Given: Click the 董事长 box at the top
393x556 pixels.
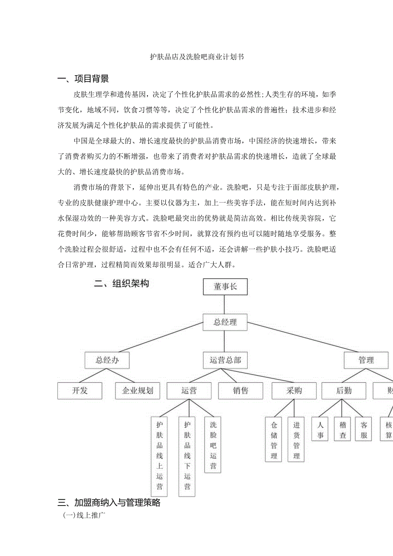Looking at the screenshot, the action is click(x=225, y=287).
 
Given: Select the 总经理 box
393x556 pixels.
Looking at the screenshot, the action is click(x=225, y=322).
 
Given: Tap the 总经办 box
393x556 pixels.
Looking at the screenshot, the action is click(x=107, y=360).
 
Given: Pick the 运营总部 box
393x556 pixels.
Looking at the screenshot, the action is click(x=225, y=360).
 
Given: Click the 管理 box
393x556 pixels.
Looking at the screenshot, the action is click(x=366, y=360).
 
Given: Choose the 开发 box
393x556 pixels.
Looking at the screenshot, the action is click(x=80, y=391).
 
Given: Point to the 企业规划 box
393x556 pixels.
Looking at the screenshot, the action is click(x=138, y=391).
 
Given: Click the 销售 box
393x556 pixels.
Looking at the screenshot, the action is click(x=241, y=391).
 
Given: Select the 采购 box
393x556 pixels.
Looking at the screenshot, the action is click(x=294, y=391).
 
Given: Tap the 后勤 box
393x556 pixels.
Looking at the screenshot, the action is click(x=343, y=391).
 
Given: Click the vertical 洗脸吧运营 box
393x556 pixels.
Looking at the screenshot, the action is click(x=213, y=444).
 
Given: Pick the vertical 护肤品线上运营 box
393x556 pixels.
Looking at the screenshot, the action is click(x=159, y=456).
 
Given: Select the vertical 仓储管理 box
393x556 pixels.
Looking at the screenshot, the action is click(x=274, y=439).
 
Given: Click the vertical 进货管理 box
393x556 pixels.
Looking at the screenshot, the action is click(x=296, y=439).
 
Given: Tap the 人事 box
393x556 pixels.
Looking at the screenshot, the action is click(x=320, y=429).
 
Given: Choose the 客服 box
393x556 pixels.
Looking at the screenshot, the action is click(x=364, y=429).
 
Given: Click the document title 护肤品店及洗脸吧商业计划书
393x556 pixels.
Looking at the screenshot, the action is click(x=196, y=57).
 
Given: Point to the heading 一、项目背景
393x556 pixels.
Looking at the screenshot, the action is click(x=83, y=79).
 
